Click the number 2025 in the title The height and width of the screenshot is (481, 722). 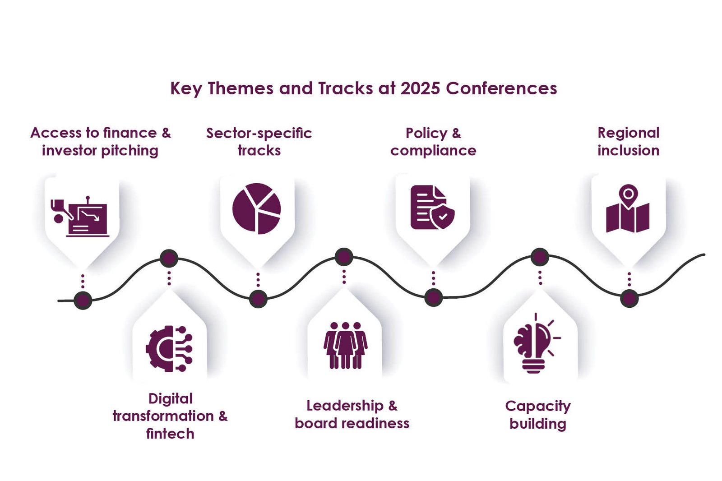(420, 88)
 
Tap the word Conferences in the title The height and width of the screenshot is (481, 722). (501, 88)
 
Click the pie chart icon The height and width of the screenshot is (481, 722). (257, 208)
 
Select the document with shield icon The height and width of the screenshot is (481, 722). (433, 207)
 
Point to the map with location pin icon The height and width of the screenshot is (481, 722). (628, 208)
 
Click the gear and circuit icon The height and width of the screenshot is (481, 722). (169, 349)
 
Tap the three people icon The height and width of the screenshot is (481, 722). (345, 345)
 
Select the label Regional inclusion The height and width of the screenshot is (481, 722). (629, 142)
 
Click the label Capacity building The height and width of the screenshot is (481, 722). (538, 415)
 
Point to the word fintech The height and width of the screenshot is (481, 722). (170, 434)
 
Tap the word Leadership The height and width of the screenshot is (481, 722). (345, 406)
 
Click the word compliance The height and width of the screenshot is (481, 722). (434, 151)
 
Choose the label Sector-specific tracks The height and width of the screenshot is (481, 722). (259, 142)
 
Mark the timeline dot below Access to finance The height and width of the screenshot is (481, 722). (83, 301)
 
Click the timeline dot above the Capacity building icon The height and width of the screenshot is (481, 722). (540, 257)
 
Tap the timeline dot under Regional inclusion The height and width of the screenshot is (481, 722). (629, 299)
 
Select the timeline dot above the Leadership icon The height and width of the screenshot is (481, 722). (344, 257)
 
